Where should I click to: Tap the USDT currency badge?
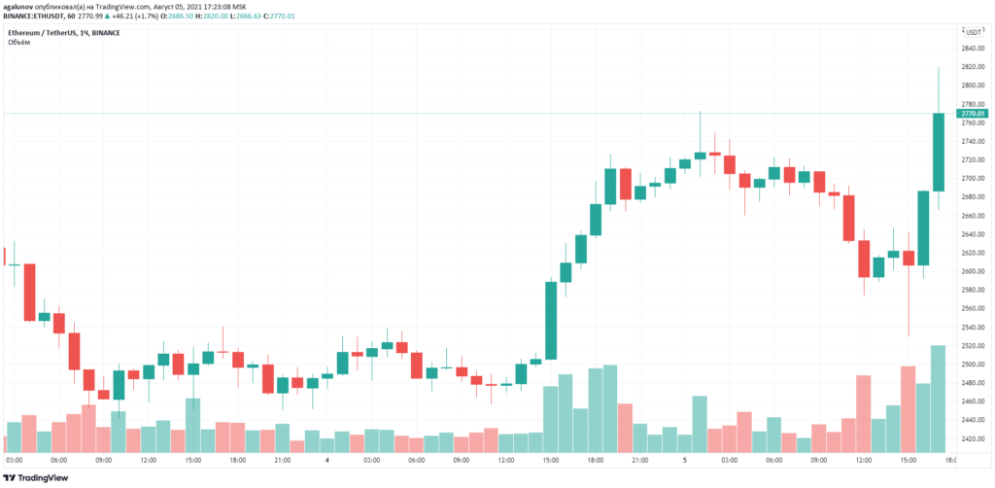point(972,32)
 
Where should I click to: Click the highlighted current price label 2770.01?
point(973,114)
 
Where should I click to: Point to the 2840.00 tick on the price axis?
point(972,49)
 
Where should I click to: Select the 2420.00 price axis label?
point(972,438)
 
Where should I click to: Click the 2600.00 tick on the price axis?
point(972,271)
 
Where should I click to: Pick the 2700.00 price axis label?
point(972,179)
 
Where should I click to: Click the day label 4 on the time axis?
point(327,460)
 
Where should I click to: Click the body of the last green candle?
point(939,152)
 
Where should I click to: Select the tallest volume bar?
point(939,399)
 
